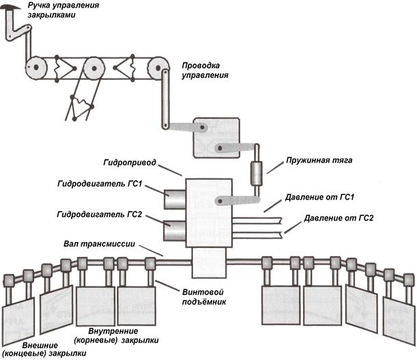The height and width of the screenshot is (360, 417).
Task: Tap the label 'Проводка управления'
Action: [205, 71]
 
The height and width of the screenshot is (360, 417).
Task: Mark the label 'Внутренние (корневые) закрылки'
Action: [116, 335]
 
